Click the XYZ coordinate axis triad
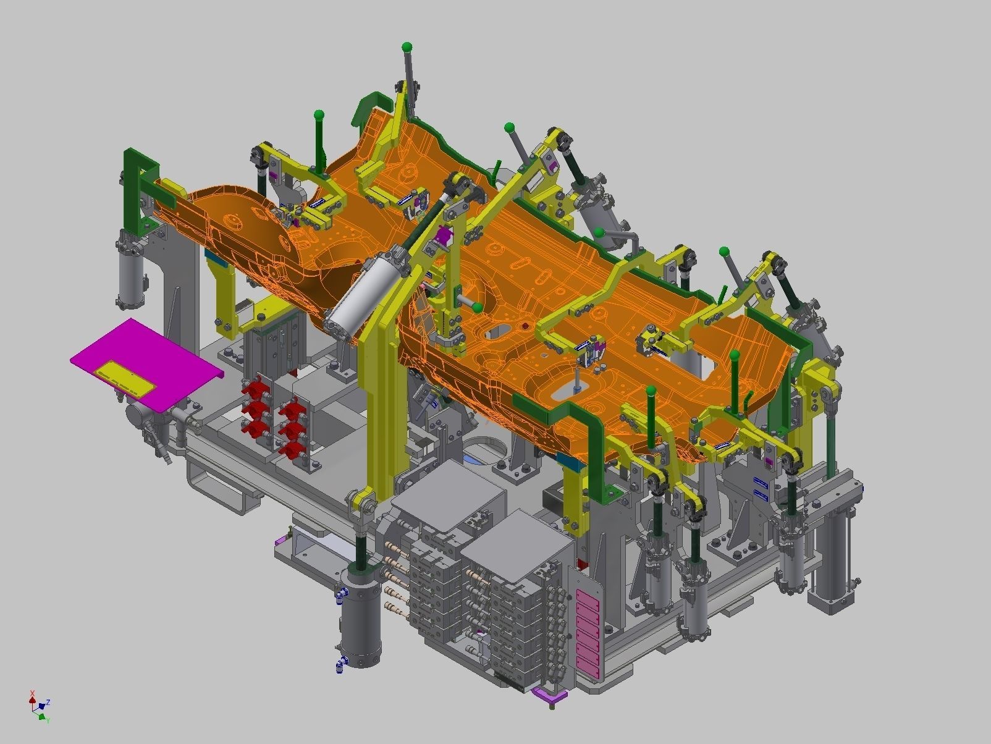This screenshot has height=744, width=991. [x=39, y=706]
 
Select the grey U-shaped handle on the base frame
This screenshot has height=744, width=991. [x=222, y=488]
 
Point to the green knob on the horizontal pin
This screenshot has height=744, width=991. [x=478, y=307]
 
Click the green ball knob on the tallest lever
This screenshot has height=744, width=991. [x=407, y=47]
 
